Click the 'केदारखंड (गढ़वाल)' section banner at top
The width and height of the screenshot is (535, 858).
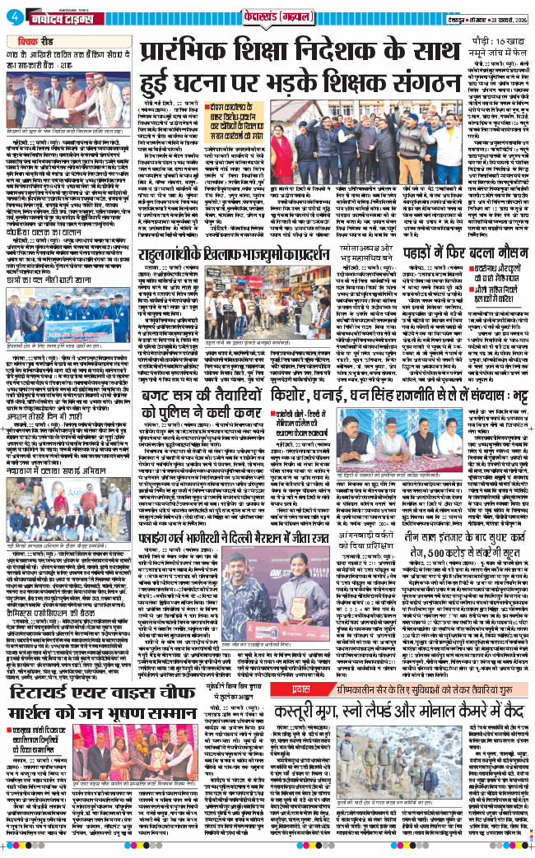tap(267, 16)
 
